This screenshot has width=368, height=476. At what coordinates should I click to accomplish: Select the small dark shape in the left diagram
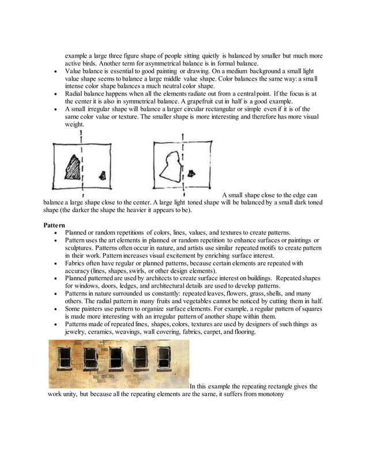pos(103,176)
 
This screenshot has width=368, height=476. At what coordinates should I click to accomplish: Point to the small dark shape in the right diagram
pos(191,173)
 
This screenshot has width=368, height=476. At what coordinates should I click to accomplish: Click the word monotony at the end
pos(268,395)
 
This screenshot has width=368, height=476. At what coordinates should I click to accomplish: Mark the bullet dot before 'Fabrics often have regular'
pos(55,263)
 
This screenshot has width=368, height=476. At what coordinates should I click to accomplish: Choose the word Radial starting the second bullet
pos(75,93)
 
